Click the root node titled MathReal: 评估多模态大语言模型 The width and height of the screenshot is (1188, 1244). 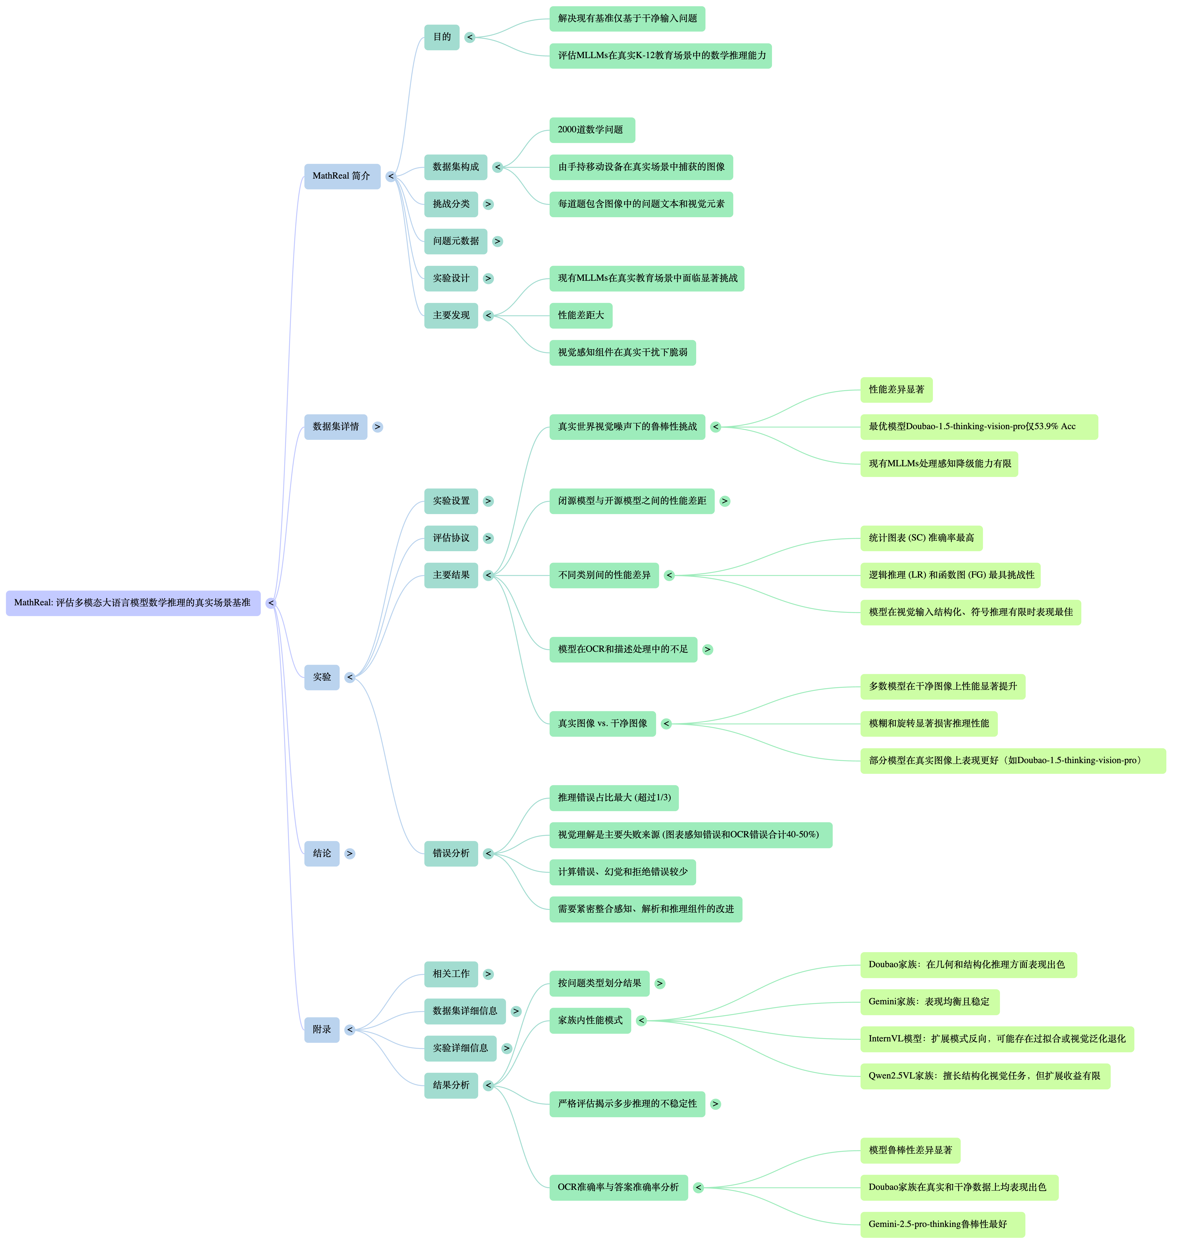coord(133,603)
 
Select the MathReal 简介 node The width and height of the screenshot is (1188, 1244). coord(342,176)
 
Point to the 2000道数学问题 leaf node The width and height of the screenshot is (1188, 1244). coord(591,130)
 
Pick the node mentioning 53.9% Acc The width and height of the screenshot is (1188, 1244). coord(978,427)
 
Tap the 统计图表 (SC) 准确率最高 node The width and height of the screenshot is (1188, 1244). coord(921,538)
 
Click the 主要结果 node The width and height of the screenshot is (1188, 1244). coord(451,576)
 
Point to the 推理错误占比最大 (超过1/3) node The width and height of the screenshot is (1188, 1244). coord(614,798)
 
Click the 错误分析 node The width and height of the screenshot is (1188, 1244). coord(451,853)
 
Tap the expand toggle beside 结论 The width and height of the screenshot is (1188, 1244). coord(350,853)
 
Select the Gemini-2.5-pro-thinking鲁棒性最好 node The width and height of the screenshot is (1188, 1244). coord(942,1224)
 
